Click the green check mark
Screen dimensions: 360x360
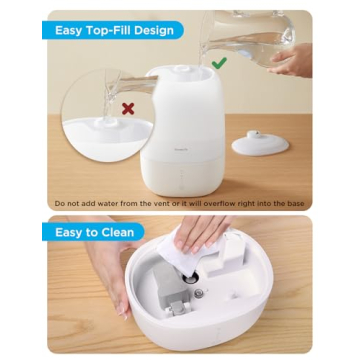pos(218,62)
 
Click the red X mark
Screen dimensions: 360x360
pos(127,107)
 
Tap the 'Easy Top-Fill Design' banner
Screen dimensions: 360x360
pos(114,30)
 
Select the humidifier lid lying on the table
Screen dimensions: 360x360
pos(260,142)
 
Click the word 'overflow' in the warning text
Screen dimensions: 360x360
pos(220,203)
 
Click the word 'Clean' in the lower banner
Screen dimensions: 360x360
pos(120,233)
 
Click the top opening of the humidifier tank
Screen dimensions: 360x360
pos(186,72)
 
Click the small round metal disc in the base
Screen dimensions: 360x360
pos(199,294)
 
